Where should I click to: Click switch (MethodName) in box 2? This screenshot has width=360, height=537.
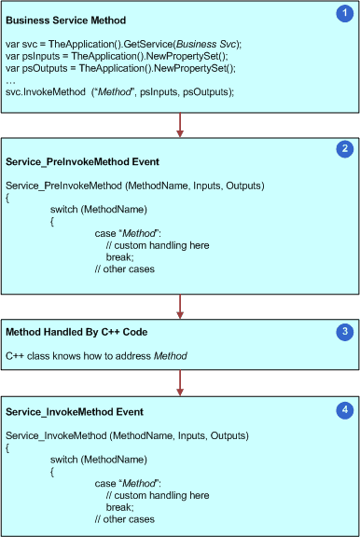99,211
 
